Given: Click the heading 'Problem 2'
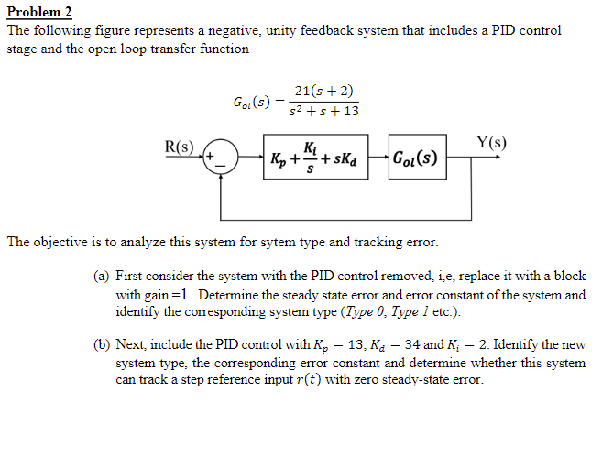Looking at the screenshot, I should (39, 12).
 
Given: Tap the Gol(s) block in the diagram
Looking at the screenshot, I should (413, 158).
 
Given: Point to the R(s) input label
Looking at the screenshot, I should (178, 146).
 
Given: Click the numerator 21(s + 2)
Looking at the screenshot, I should (324, 91).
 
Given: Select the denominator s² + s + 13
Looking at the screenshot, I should (323, 112).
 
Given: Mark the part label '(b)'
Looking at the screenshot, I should (102, 344).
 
